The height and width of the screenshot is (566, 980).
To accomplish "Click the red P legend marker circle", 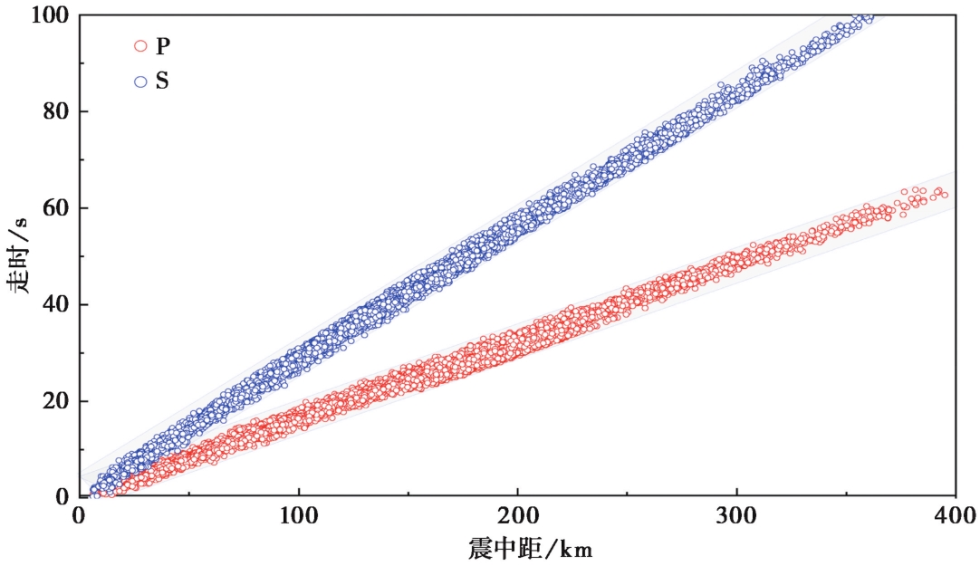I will pos(140,45).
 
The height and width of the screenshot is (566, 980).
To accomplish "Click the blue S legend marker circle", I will pos(140,82).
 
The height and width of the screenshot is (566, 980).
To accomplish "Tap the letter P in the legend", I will pos(162,45).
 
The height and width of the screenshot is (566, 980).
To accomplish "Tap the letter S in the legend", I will pos(162,82).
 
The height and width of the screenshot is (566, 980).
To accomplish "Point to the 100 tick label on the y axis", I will pos(46,15).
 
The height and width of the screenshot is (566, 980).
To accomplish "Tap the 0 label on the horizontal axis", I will pos(80,517).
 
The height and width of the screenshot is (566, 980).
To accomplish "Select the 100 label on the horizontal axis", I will pos(299,517).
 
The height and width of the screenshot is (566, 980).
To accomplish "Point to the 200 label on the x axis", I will pos(517,517).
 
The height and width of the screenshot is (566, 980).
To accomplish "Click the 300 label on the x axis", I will pos(736,517).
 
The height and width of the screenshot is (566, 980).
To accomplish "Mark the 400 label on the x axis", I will pos(954,517).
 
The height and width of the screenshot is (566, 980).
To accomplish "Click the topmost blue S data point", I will pos(869,16).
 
